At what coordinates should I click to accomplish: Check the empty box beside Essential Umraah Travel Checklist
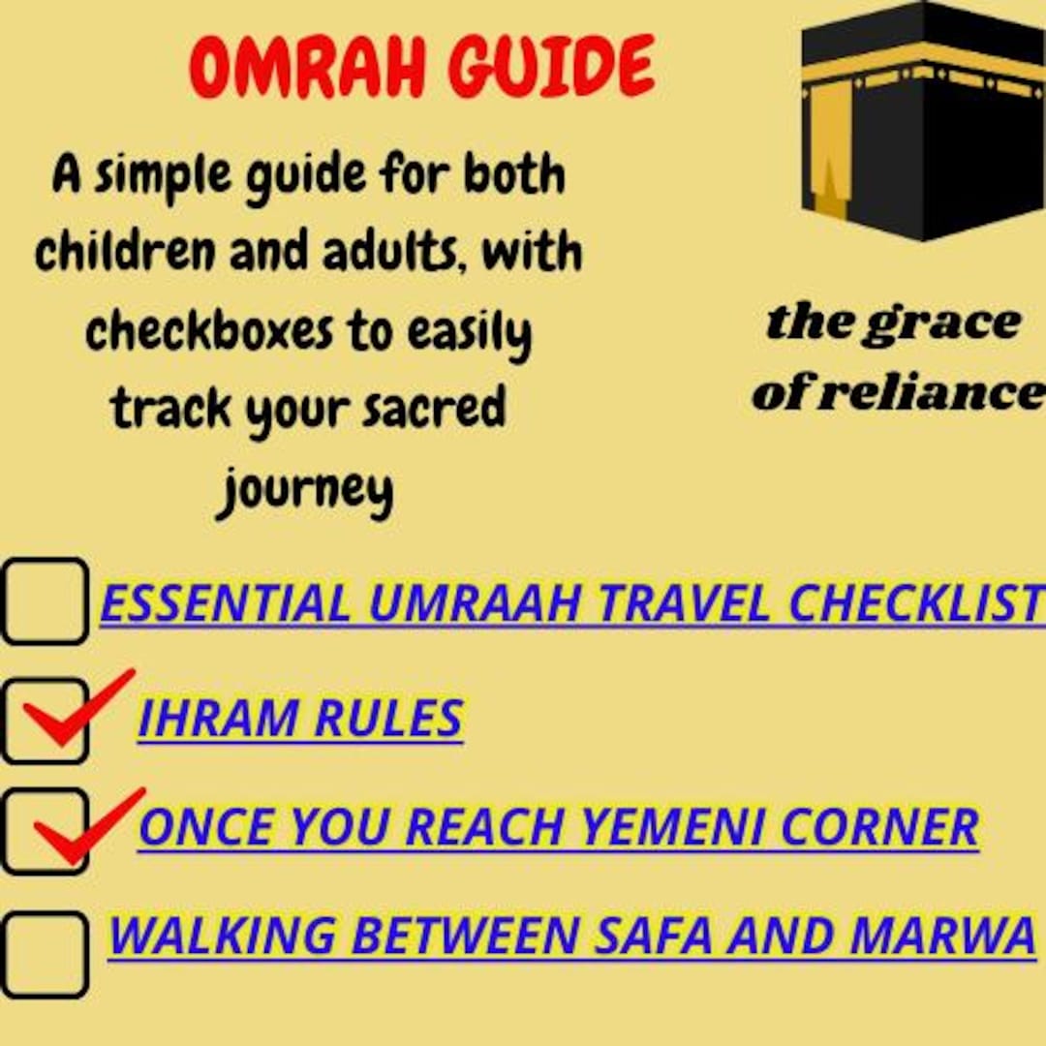point(45,601)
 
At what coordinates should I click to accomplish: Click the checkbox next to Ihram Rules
point(45,721)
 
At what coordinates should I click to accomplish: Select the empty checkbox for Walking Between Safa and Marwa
point(45,954)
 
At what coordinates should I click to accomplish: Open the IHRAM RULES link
point(300,718)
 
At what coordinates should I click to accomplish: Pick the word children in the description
point(124,252)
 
